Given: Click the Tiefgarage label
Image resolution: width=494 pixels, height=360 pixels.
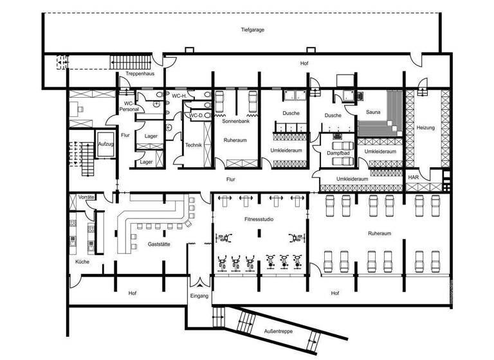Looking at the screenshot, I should (253, 30).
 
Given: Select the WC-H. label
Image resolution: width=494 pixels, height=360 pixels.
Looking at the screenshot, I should (179, 96).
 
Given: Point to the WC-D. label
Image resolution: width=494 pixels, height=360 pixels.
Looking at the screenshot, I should (196, 115).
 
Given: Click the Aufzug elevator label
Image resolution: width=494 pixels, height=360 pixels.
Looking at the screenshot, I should (105, 144).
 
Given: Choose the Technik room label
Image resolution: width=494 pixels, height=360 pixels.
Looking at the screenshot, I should (194, 145).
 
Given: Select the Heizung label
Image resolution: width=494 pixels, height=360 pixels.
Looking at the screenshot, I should (425, 127).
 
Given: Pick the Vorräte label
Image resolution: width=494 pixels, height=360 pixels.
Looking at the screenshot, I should (86, 197).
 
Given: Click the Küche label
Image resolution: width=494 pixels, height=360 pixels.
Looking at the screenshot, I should (82, 262).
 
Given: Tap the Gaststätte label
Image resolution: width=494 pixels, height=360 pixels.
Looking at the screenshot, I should (160, 244).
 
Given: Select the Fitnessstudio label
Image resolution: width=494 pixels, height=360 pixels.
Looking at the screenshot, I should (259, 219).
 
